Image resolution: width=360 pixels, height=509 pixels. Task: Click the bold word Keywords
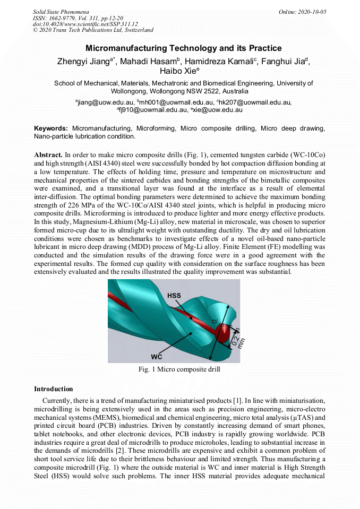coord(51,128)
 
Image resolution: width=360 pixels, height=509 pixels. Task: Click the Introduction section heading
coord(53,389)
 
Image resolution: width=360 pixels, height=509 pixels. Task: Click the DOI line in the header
coord(85,24)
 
